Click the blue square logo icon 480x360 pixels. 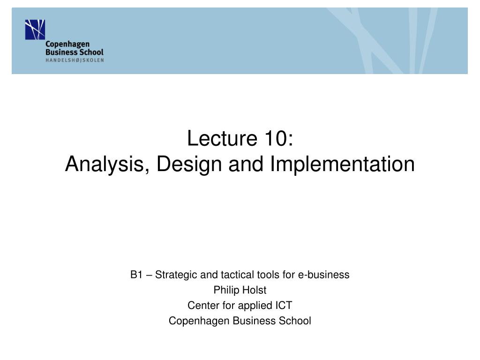35,30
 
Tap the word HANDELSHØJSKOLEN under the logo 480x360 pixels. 75,60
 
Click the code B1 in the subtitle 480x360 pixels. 136,275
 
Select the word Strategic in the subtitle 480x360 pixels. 174,275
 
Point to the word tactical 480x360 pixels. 228,275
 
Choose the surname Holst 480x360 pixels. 255,290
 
